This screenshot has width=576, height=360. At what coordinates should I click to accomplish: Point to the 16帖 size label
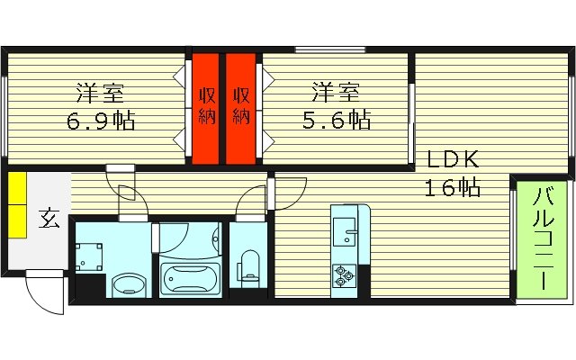tap(452, 188)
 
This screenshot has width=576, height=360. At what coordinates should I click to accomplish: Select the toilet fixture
tap(249, 265)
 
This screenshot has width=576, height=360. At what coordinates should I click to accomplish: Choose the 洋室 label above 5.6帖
tap(337, 92)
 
